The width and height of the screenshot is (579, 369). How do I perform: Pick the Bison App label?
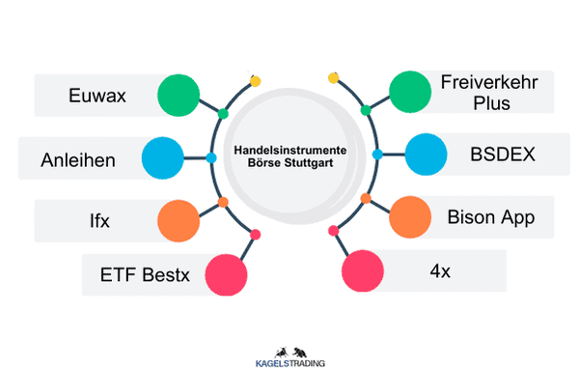click(x=489, y=215)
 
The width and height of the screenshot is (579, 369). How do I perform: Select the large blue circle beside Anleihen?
click(x=163, y=156)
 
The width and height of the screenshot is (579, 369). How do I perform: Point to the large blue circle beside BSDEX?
click(x=425, y=154)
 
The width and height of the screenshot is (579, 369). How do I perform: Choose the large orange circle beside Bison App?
click(x=410, y=216)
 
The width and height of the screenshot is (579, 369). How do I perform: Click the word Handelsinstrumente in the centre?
click(x=290, y=152)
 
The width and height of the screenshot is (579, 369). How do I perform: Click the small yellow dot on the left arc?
click(x=256, y=81)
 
